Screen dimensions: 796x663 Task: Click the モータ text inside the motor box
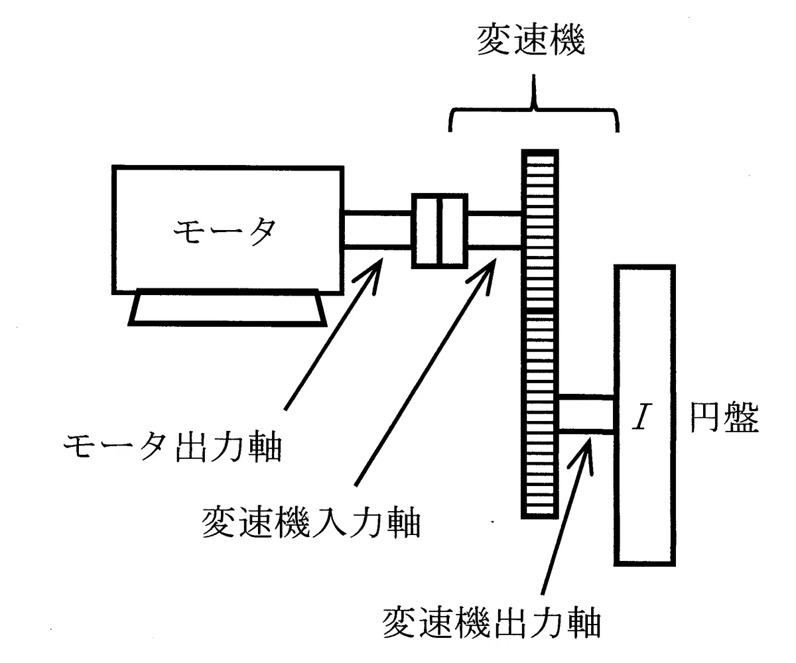(224, 231)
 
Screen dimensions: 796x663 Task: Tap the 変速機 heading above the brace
(531, 40)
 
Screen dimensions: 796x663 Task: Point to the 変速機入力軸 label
(311, 522)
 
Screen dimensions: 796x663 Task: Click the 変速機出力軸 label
(492, 623)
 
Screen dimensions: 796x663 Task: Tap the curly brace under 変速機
(534, 111)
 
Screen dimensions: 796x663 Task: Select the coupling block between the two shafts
(440, 231)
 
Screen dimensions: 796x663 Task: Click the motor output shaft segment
(377, 231)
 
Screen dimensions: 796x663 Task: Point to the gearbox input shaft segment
(494, 231)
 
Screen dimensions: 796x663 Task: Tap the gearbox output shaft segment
(586, 415)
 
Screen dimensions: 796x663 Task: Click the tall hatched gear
(540, 334)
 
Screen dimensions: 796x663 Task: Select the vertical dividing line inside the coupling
(440, 231)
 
